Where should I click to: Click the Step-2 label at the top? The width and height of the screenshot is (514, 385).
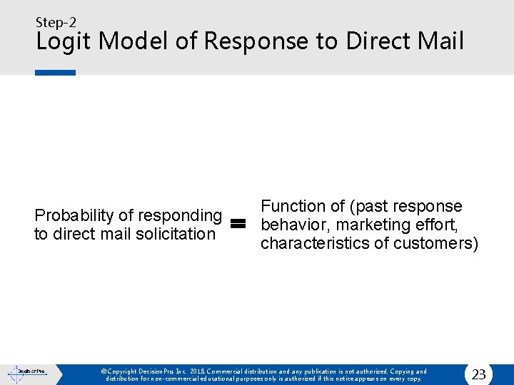coord(56,22)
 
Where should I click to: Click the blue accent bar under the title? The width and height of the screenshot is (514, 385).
coord(56,72)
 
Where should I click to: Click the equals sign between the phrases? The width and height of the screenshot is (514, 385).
coord(238,224)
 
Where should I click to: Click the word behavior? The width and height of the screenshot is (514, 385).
coord(295,225)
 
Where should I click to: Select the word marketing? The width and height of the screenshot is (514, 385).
coord(369,225)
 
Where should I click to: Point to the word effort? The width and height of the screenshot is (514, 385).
coord(434,225)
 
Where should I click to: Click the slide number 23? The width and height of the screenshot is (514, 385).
coord(478,374)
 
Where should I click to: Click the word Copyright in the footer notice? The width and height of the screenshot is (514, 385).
coord(124,371)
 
